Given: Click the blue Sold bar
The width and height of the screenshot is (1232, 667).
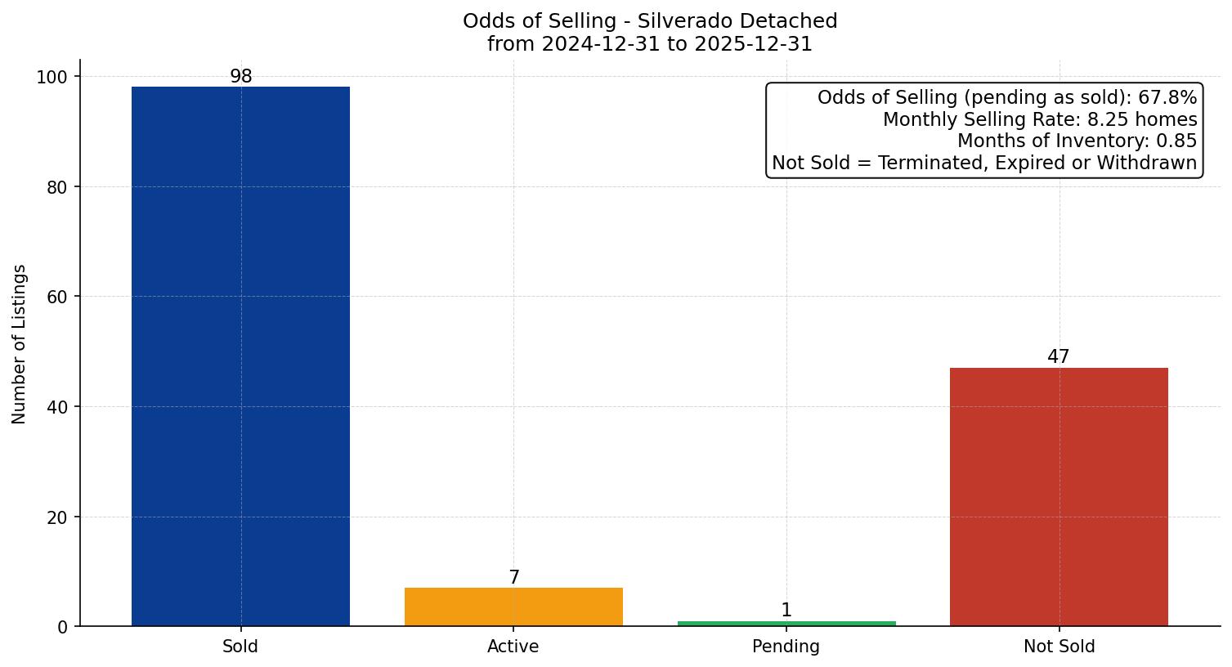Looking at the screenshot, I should tap(240, 356).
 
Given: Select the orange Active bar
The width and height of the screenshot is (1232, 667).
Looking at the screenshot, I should tap(513, 607).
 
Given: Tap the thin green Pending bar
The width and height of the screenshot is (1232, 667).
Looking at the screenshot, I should tap(786, 624).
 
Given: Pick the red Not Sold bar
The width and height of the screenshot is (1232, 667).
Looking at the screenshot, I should tap(1059, 497).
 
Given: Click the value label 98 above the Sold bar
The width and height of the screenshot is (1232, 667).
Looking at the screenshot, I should tap(241, 77).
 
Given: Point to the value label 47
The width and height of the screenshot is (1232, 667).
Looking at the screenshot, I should tap(1059, 357).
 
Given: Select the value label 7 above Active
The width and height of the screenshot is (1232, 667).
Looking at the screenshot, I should tap(514, 578).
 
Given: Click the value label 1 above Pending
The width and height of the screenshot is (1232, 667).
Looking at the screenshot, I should tap(786, 611).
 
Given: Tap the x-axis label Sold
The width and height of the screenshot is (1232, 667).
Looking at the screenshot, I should tap(240, 647).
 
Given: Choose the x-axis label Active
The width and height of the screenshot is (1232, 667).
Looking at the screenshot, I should tap(513, 647).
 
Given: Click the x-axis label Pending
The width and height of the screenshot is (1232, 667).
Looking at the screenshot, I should tap(786, 647).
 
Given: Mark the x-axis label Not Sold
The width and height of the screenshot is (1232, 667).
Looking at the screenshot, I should tap(1059, 647).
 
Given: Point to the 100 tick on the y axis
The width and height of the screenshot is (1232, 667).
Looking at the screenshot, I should tap(52, 77).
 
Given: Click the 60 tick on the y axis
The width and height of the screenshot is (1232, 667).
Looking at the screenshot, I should tap(57, 297).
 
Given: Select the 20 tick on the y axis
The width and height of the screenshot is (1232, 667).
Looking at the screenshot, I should tap(57, 517).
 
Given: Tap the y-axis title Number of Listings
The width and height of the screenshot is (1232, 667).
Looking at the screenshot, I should tap(20, 344).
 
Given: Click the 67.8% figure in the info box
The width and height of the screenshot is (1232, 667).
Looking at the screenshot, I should tap(1167, 98).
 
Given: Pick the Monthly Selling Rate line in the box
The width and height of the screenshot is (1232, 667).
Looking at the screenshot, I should tap(1040, 120).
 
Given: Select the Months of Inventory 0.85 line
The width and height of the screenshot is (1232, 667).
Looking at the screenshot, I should tap(1077, 141).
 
